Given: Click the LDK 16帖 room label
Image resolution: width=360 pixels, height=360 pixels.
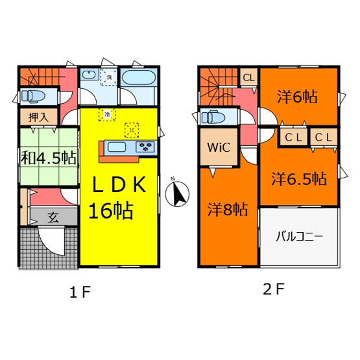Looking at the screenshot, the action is (117, 197).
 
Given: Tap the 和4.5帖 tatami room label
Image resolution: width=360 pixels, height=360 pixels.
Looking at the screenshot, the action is (49, 158).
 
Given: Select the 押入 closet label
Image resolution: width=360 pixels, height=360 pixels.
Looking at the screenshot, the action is (38, 117).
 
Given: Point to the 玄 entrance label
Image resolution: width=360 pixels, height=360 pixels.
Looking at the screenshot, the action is (53, 217).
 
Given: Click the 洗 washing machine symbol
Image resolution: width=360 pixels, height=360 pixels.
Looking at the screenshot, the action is (109, 77).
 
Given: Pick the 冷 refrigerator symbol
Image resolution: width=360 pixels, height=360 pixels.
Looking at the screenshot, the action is (107, 114).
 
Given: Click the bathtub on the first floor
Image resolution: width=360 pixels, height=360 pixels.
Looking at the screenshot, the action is (138, 77).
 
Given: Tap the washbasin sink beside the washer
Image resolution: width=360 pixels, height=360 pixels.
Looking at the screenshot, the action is (89, 75).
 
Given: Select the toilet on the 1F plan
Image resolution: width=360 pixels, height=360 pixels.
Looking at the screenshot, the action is (33, 95).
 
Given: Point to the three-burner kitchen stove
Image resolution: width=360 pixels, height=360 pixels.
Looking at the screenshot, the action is (145, 147).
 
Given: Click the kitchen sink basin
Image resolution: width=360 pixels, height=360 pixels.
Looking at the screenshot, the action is (117, 147).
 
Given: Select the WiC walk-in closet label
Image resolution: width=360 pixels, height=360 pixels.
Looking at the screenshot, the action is (219, 147).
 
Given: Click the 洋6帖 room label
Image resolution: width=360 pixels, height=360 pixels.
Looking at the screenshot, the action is (297, 97).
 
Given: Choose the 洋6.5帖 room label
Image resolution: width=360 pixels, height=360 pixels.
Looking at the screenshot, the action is (299, 178).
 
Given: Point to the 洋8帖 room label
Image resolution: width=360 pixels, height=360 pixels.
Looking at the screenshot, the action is (228, 210).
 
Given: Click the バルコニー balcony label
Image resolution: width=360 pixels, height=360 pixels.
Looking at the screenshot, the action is (300, 237).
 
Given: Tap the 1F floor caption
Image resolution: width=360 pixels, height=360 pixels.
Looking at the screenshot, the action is (80, 293).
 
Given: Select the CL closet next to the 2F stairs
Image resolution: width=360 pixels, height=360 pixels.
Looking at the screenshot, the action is (249, 78).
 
